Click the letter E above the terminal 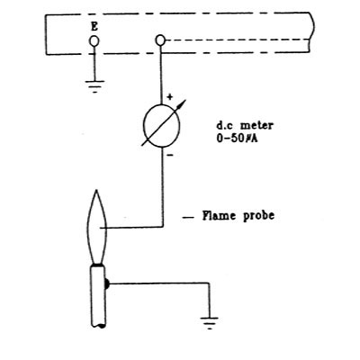coord(94,27)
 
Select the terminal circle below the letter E coord(94,40)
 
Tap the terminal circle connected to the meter coord(160,40)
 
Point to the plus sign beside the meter coord(170,97)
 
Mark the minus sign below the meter coord(169,155)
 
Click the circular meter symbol coord(162,126)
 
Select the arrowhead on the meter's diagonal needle coord(182,103)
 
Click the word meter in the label coord(256,125)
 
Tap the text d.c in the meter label coord(224,125)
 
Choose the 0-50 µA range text coord(237,139)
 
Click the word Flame coord(219,215)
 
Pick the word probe coord(258,216)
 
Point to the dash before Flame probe coord(188,218)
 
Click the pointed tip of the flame coord(96,190)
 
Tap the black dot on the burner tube coord(107,283)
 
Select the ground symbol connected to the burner coord(209,323)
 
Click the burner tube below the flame coord(98,295)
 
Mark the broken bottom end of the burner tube coord(98,325)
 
